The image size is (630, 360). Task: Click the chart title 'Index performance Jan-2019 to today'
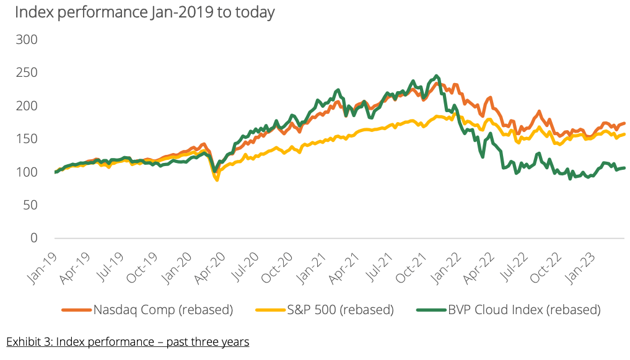[x=141, y=12]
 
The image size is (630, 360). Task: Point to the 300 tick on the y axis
[x=27, y=40]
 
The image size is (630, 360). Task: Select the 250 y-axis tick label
[x=27, y=72]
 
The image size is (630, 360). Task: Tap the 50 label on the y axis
[x=31, y=205]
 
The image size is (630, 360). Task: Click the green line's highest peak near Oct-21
[x=437, y=76]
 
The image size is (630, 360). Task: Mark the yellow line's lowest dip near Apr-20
[x=217, y=180]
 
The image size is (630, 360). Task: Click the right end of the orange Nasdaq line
[x=624, y=123]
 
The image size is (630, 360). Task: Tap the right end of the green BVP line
[x=624, y=167]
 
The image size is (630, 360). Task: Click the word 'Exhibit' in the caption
[x=23, y=341]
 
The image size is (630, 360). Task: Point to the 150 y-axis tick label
[x=27, y=139]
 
